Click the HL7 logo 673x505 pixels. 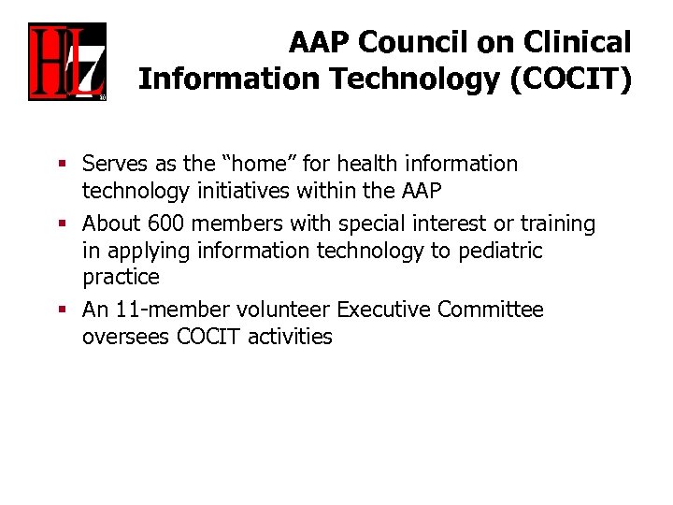click(66, 61)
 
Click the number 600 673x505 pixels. click(165, 224)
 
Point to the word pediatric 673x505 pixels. click(500, 252)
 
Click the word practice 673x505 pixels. click(121, 278)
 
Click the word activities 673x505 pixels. click(290, 337)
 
